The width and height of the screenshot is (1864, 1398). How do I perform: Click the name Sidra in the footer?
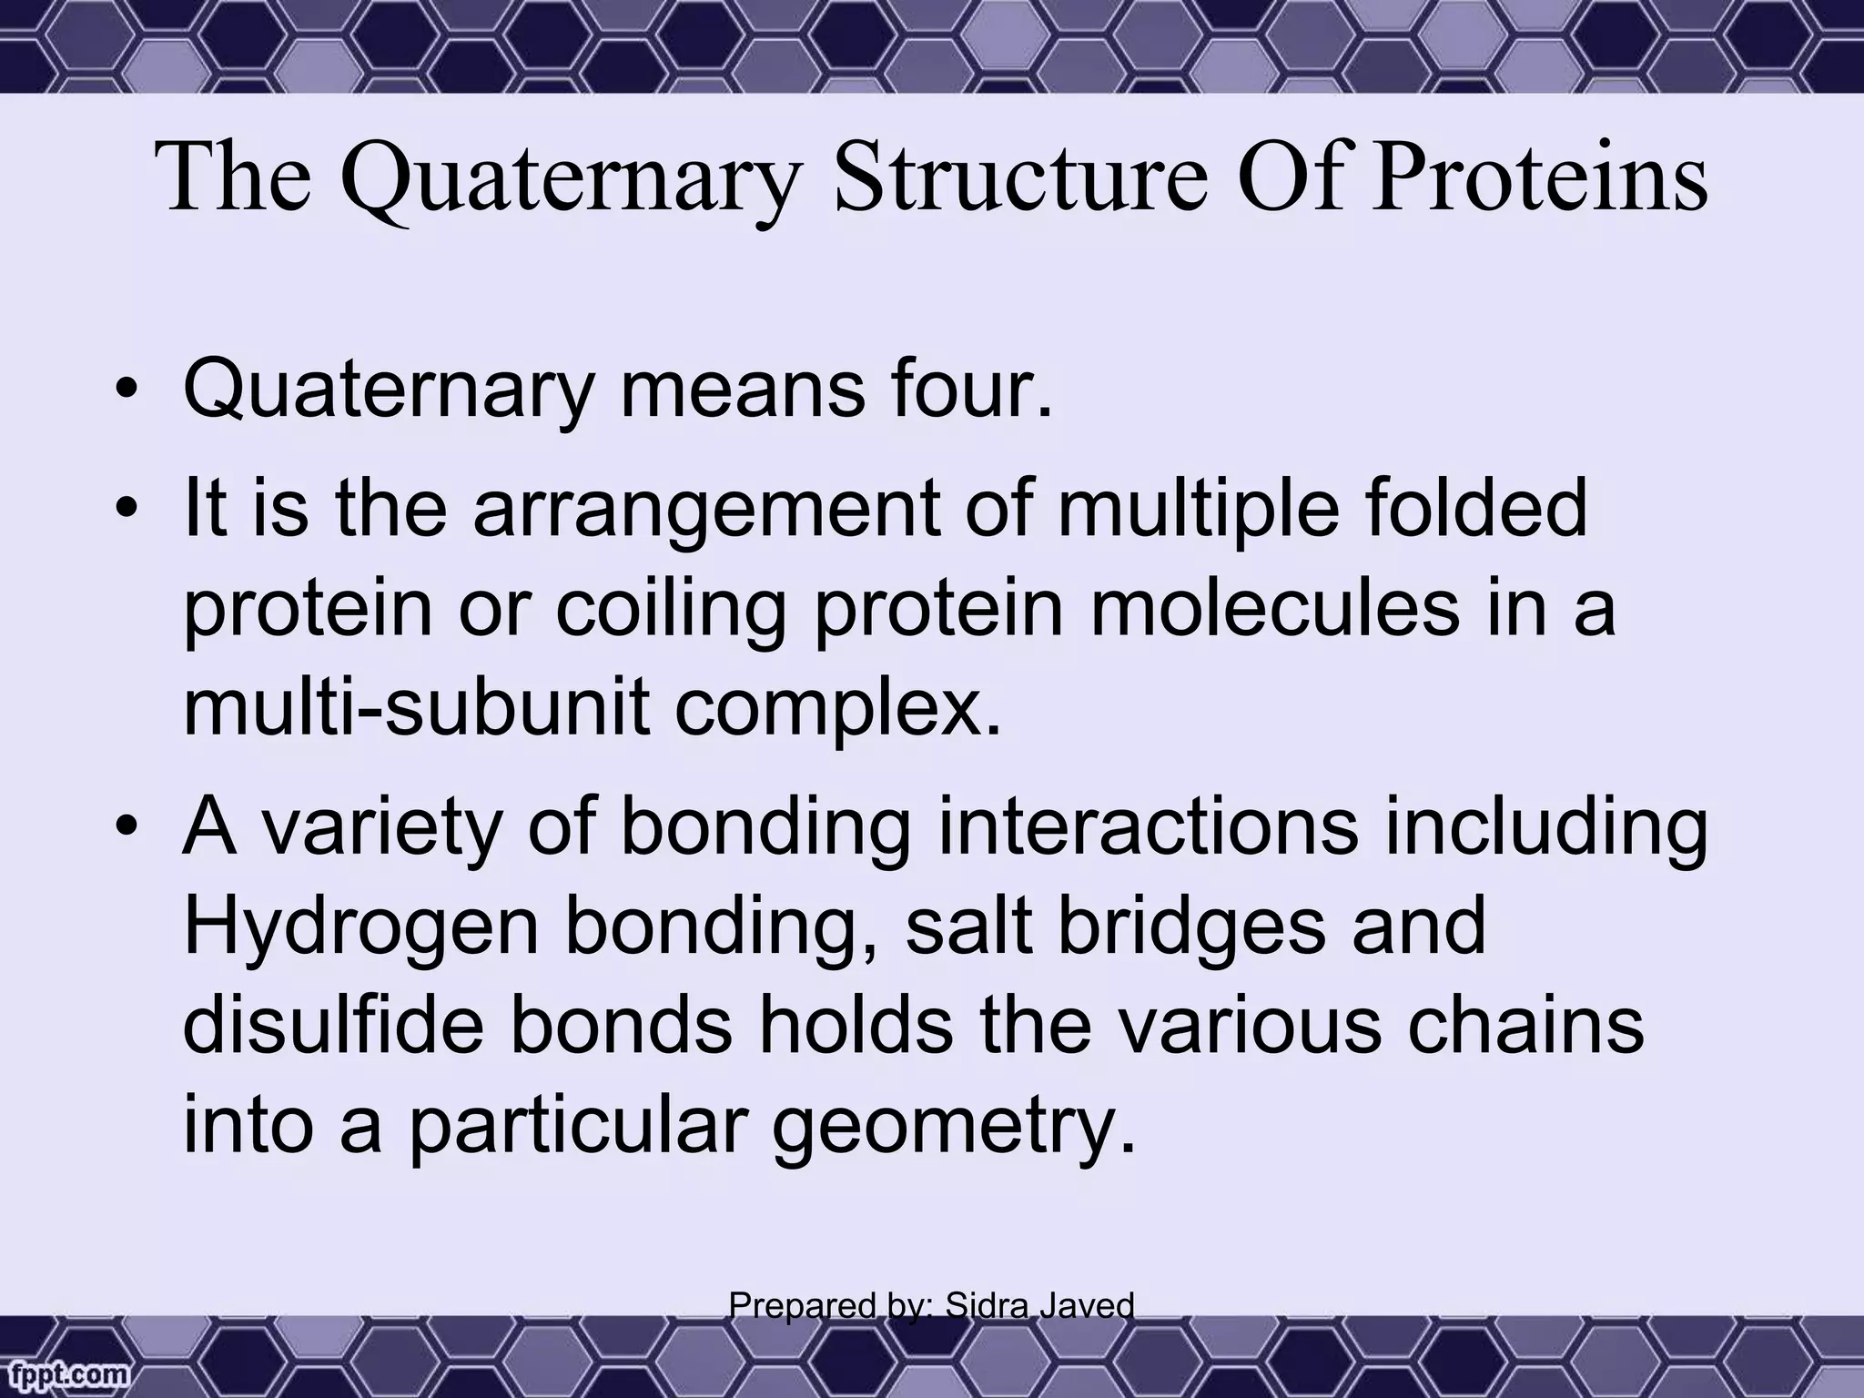pos(984,1306)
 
